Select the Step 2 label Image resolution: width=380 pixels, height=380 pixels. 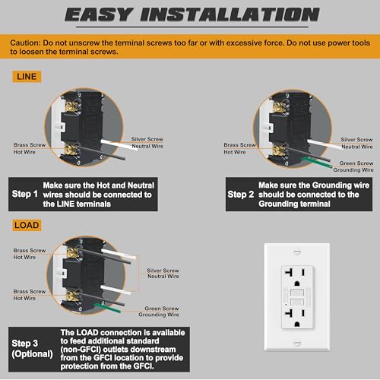(242, 194)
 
